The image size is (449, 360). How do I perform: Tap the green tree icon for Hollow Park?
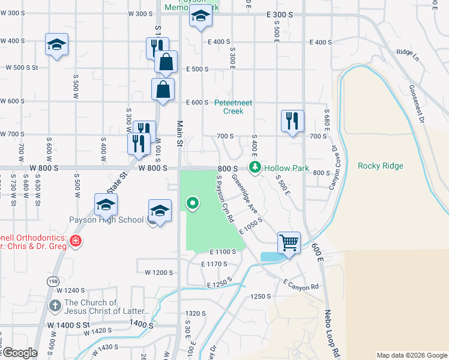(256, 167)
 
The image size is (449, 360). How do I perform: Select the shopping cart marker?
(289, 243)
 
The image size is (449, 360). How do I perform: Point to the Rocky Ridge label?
(380, 166)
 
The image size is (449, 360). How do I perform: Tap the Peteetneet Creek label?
(234, 107)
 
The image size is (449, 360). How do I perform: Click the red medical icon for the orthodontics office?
(75, 242)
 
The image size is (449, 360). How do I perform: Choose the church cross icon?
(55, 305)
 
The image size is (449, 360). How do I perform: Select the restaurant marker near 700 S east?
(292, 121)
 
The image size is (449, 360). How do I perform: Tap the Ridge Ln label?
(408, 54)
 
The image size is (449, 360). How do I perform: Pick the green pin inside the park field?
(193, 203)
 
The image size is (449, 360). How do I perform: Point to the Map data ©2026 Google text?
(411, 355)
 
